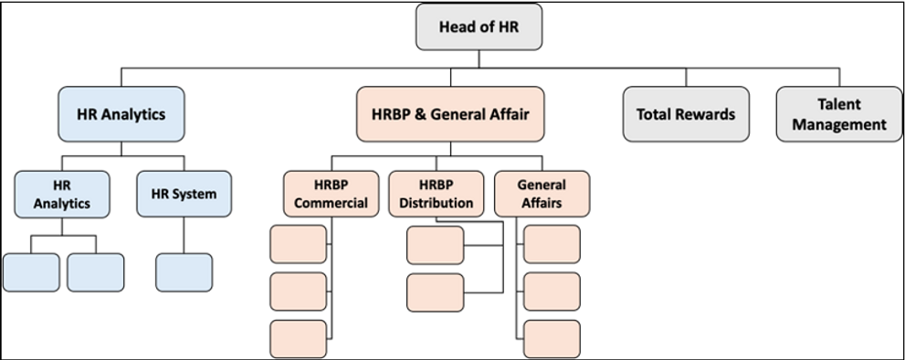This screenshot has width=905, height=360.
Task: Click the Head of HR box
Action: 479,26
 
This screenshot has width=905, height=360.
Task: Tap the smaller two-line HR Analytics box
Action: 62,194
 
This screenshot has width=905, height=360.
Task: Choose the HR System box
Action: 184,194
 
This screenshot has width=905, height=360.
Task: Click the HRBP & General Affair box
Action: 450,114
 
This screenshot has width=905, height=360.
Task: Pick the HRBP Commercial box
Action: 331,194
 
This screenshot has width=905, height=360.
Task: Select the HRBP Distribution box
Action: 437,194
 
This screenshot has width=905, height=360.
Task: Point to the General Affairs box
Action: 542,194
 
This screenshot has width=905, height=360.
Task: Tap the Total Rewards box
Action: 686,114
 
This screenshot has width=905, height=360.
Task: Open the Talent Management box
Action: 838,114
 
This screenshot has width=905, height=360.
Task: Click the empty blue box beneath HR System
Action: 184,272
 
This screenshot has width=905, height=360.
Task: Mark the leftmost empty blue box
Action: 31,272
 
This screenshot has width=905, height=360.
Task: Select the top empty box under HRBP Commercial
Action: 299,244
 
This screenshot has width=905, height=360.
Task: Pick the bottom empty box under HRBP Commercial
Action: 299,339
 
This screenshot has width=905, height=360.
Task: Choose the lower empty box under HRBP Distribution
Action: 435,291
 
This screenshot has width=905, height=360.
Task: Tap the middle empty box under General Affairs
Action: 552,291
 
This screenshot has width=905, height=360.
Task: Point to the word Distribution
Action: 437,203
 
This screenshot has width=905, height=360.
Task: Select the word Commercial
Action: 331,203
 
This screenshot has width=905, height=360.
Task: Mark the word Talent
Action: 839,104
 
